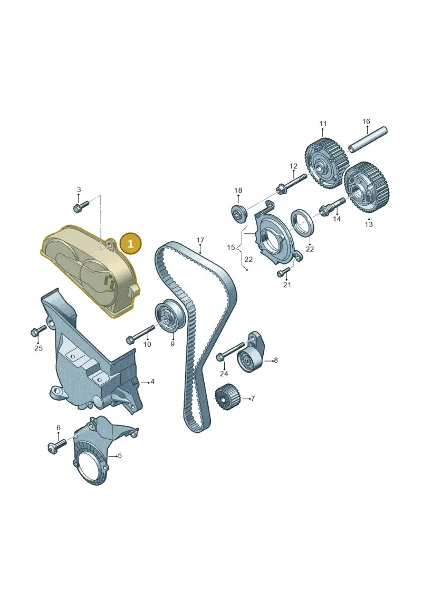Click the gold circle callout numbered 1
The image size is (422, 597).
(x=130, y=244)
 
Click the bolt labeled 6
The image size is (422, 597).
(x=57, y=445)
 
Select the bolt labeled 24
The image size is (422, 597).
(x=230, y=352)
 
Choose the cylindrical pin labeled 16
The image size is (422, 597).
(x=368, y=140)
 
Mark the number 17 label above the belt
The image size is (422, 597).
(x=200, y=240)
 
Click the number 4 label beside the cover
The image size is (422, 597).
(x=152, y=381)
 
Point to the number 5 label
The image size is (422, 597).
(x=120, y=455)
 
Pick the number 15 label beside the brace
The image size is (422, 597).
(x=231, y=248)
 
